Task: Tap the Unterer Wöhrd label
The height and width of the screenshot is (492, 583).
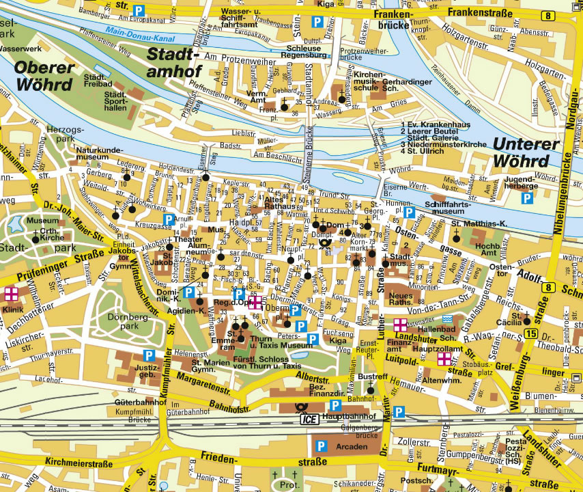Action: tap(526, 152)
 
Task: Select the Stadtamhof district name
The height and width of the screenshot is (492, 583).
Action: tap(173, 62)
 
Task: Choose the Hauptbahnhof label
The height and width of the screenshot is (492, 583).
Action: tap(349, 416)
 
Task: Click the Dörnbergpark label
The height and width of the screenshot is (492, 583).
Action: tap(126, 321)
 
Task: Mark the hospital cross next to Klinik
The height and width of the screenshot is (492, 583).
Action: tap(11, 294)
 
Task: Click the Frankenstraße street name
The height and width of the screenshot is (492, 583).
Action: tap(477, 12)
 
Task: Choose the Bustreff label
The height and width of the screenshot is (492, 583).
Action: tap(372, 377)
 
